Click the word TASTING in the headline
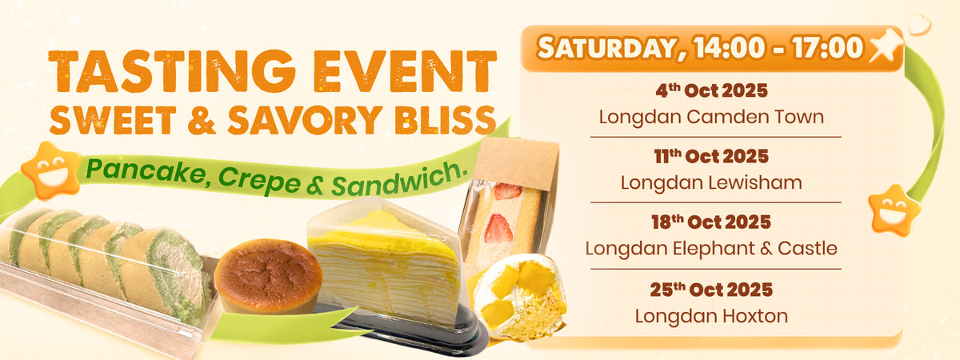(172, 71)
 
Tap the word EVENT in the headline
(405, 71)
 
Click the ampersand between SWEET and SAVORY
(202, 120)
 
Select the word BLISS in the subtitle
(446, 120)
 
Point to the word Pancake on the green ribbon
(146, 172)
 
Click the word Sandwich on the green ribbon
(398, 179)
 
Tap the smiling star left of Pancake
(51, 170)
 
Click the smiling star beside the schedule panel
(894, 210)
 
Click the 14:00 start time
(730, 47)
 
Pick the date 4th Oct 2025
(711, 90)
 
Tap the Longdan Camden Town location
(711, 117)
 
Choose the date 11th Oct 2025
(711, 156)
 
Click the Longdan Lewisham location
(711, 182)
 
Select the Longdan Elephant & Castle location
(711, 249)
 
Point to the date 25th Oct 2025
(711, 290)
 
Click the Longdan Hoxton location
(711, 317)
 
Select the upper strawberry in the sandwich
(507, 191)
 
